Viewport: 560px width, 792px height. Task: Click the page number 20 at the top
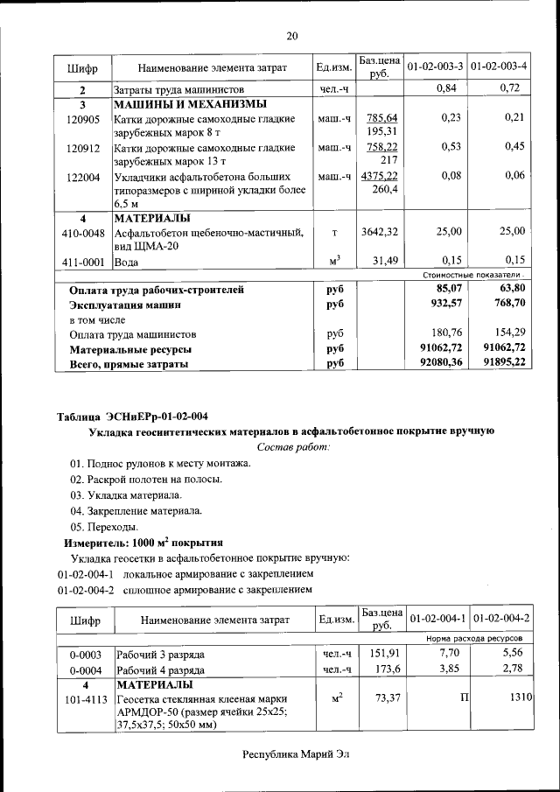pyautogui.click(x=292, y=36)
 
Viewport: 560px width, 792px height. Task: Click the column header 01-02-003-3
pyautogui.click(x=435, y=67)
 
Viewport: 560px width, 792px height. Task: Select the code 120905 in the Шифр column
pyautogui.click(x=83, y=118)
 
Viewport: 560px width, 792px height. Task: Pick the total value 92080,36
pyautogui.click(x=440, y=363)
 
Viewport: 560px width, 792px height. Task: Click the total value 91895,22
pyautogui.click(x=503, y=363)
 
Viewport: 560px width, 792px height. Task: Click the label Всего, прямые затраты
pyautogui.click(x=129, y=364)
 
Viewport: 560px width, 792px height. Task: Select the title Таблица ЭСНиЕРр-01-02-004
pyautogui.click(x=132, y=416)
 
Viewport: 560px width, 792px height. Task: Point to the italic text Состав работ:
pyautogui.click(x=293, y=447)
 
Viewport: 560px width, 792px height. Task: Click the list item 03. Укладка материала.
pyautogui.click(x=126, y=494)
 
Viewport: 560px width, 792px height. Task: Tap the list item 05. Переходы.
pyautogui.click(x=104, y=526)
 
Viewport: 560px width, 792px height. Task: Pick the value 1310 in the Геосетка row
pyautogui.click(x=521, y=697)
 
